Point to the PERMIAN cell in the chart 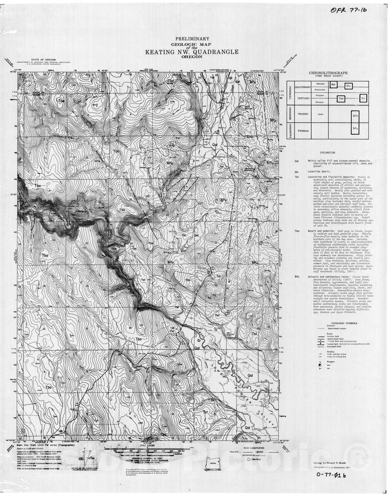click(302, 130)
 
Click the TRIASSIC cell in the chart click(302, 114)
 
